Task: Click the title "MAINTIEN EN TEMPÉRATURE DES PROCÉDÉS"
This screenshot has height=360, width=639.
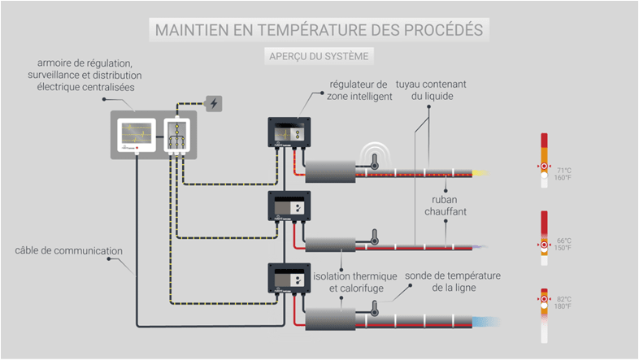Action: pyautogui.click(x=319, y=30)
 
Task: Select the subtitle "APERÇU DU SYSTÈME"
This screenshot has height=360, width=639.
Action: pyautogui.click(x=319, y=56)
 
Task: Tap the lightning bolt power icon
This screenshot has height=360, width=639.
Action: pyautogui.click(x=214, y=103)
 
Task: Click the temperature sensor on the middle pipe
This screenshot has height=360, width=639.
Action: pyautogui.click(x=375, y=238)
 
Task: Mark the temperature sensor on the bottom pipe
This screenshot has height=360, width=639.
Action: pyautogui.click(x=375, y=310)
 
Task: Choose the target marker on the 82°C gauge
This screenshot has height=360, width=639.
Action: pyautogui.click(x=544, y=299)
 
